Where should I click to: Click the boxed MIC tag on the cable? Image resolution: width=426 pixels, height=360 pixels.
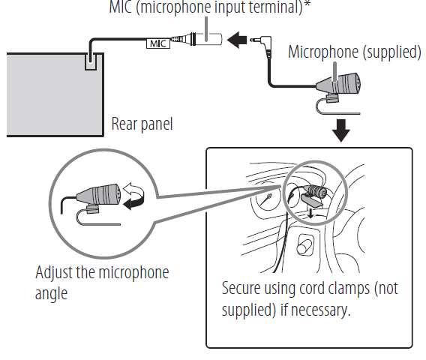(158, 43)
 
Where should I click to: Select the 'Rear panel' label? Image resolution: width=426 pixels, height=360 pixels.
(142, 124)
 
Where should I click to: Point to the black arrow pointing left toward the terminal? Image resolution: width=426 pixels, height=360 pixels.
(237, 40)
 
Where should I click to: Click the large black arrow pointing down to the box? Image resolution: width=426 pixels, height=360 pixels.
(341, 130)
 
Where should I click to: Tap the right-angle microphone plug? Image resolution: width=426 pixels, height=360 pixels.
(262, 46)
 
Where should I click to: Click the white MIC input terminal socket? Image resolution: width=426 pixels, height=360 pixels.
(208, 39)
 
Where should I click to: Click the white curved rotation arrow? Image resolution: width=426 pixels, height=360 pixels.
(132, 189)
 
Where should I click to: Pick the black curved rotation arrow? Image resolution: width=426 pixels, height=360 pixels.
(134, 202)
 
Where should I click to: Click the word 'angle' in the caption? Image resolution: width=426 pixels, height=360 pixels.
(51, 294)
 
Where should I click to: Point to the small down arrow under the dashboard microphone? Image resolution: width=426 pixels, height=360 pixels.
(310, 214)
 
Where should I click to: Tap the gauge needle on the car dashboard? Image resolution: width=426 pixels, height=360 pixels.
(266, 200)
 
